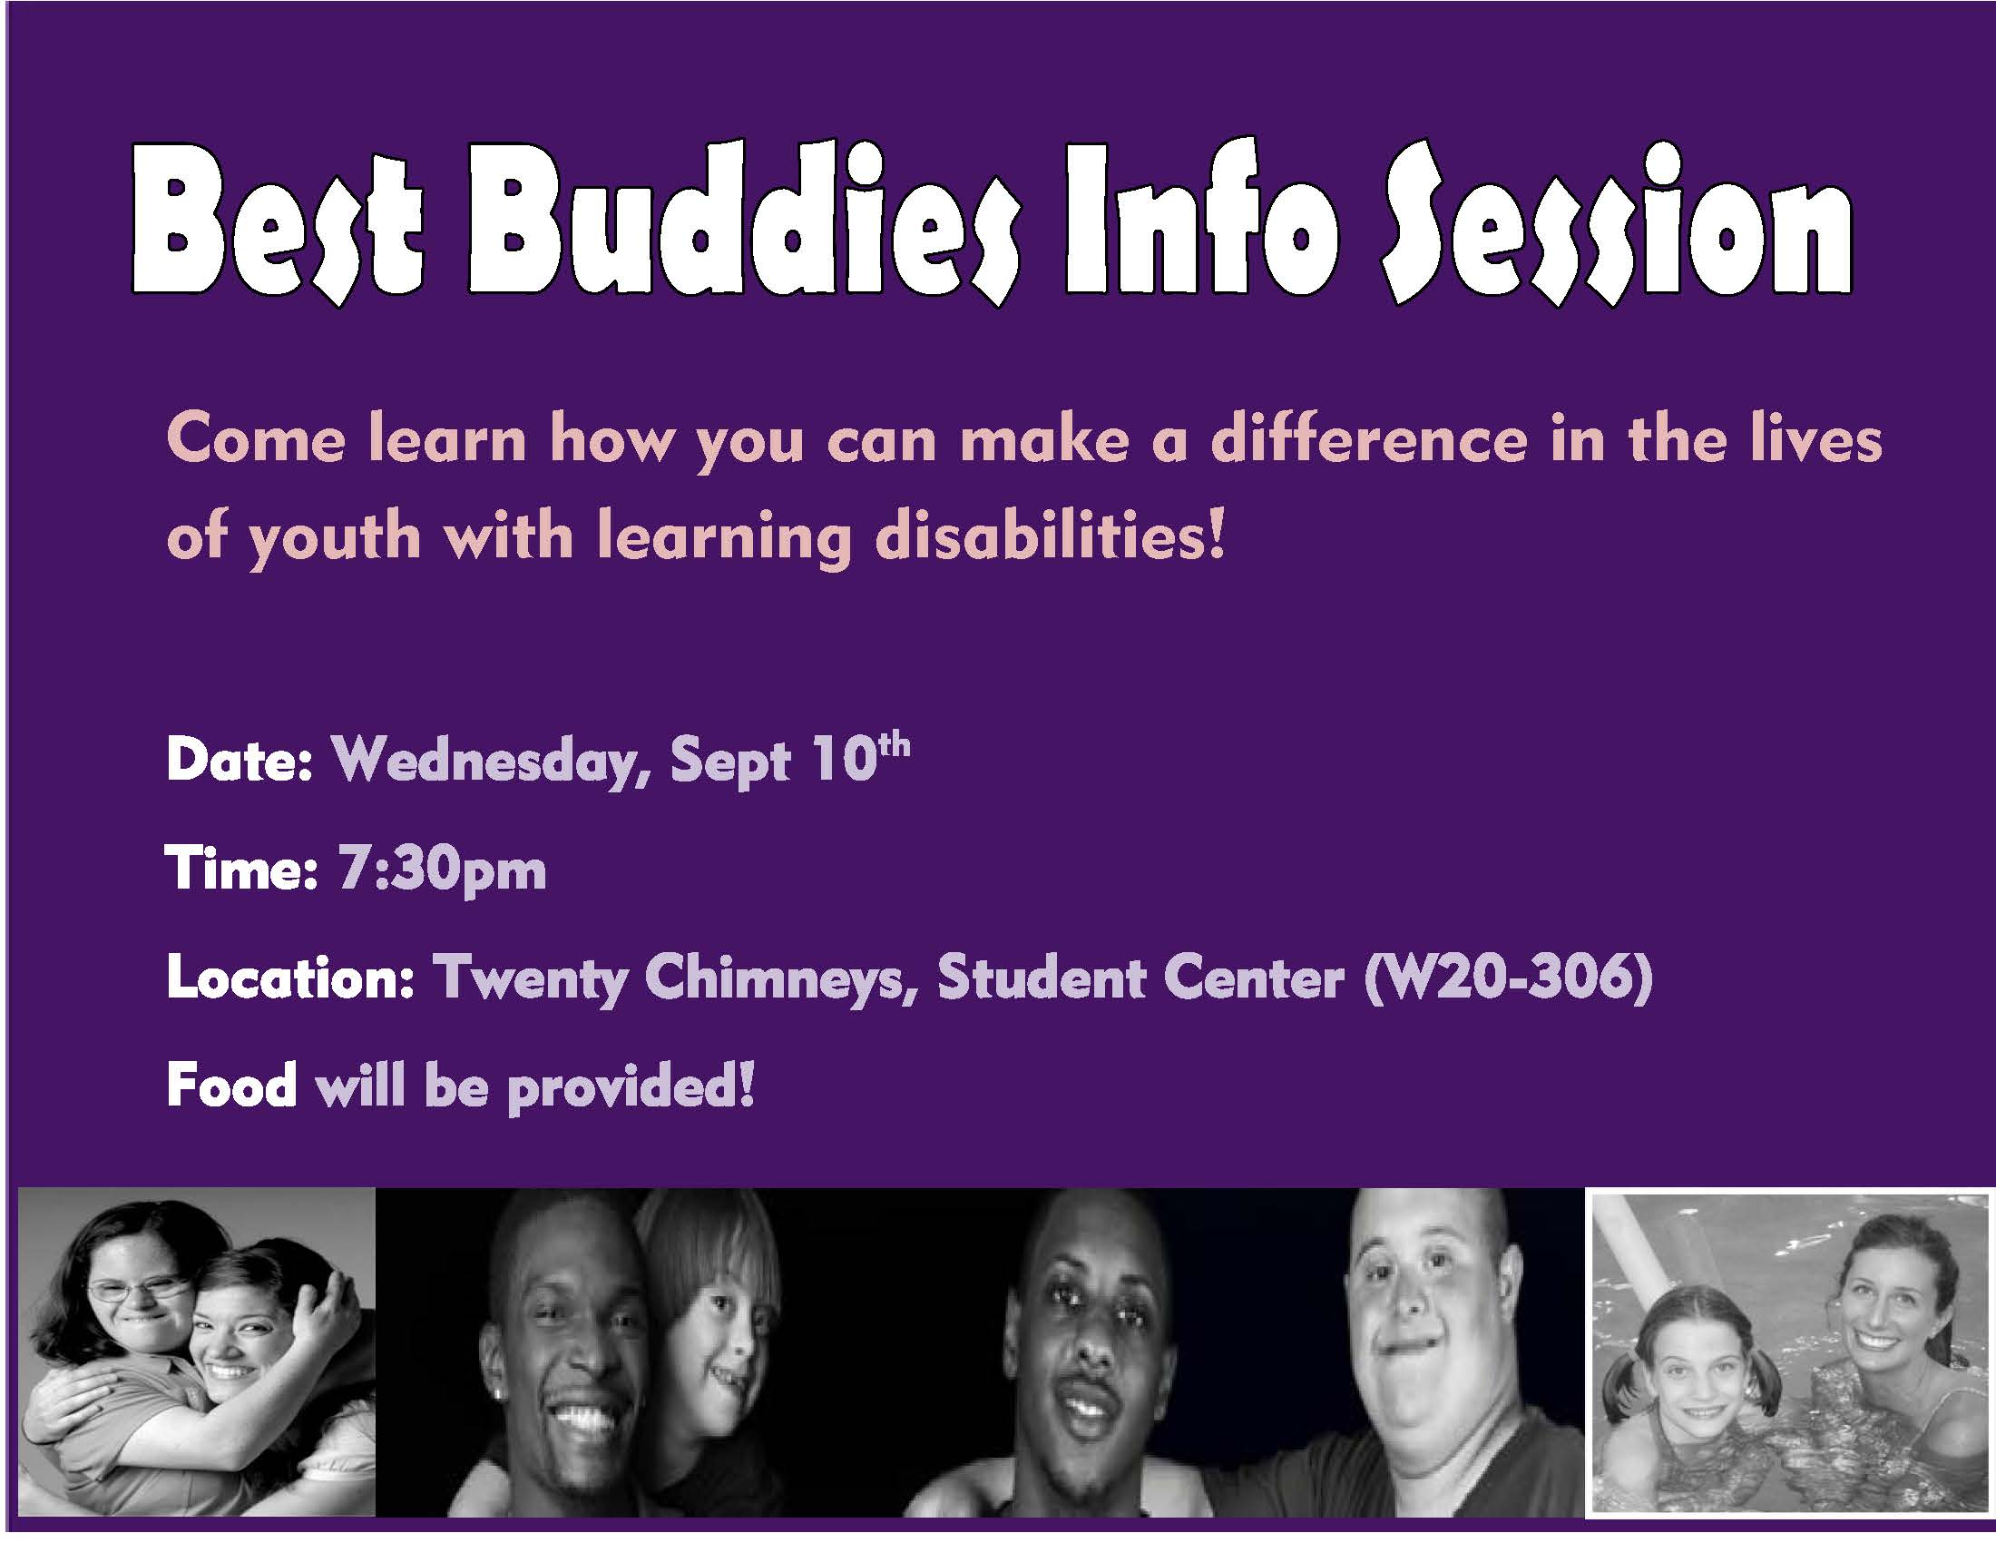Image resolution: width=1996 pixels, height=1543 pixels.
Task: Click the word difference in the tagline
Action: pos(1368,437)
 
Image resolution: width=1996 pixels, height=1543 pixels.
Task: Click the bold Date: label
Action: pos(240,760)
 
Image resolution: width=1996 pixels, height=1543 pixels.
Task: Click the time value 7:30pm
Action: pos(442,870)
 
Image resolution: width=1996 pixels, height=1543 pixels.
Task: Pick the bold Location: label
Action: pos(290,978)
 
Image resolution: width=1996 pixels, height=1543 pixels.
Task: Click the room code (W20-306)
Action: pos(1509,979)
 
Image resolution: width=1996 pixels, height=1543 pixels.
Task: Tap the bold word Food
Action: pos(231,1086)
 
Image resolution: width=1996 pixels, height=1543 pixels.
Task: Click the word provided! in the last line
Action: pos(631,1088)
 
